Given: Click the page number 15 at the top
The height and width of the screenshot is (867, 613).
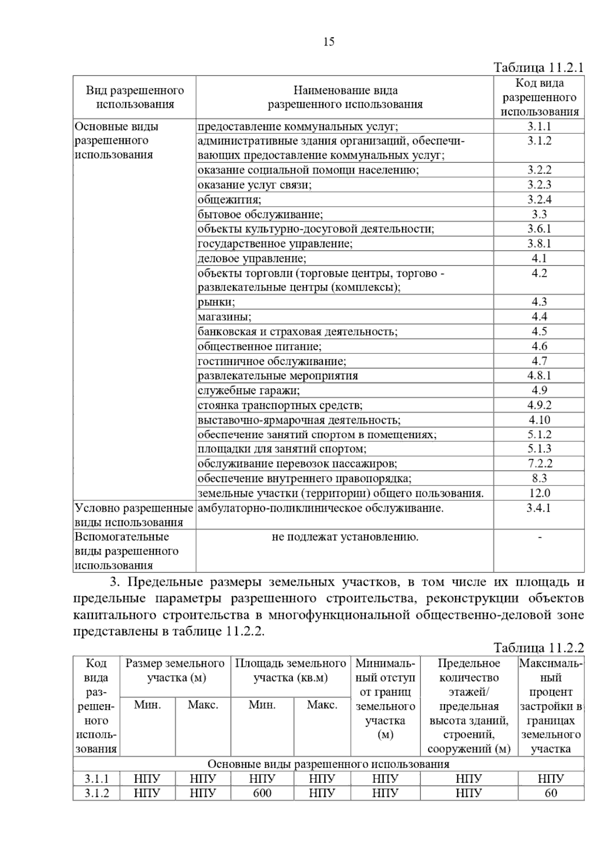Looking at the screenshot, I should (x=329, y=42).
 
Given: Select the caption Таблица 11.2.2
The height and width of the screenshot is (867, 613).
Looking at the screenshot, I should (x=538, y=648).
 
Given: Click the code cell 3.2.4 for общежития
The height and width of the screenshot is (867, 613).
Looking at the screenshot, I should (x=539, y=199).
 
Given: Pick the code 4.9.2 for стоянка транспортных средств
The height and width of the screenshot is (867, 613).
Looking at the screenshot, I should (x=539, y=405).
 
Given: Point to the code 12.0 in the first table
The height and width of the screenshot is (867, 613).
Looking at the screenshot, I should (x=539, y=493).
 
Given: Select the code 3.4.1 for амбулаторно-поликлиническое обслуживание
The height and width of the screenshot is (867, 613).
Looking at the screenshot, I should (x=539, y=508).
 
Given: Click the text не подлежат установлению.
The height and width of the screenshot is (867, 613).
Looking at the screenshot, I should (x=345, y=537).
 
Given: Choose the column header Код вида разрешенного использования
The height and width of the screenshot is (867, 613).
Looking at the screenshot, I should (x=539, y=97).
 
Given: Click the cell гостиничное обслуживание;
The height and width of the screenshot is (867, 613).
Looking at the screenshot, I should (x=272, y=362).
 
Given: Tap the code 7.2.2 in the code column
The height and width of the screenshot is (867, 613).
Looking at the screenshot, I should (x=539, y=464).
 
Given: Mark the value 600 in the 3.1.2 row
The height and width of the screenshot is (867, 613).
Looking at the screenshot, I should (x=262, y=793).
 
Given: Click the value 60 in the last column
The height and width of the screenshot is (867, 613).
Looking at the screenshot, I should (x=551, y=793).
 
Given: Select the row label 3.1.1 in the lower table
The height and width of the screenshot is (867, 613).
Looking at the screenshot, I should (x=97, y=779).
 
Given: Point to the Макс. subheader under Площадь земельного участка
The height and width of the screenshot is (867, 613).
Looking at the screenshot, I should (x=322, y=705).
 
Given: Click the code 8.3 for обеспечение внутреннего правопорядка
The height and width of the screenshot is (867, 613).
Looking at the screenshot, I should (x=539, y=478).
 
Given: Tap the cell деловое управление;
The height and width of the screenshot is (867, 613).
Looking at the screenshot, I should (x=252, y=258).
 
